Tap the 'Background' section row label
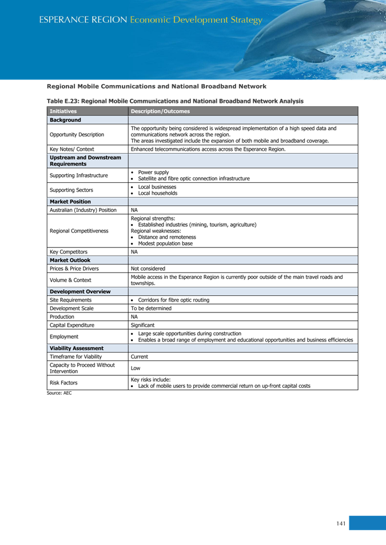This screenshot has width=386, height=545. (x=65, y=120)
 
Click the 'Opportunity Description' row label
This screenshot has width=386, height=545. (x=77, y=135)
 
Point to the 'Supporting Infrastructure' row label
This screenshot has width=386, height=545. (x=78, y=175)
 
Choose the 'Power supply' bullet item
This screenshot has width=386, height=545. (x=153, y=172)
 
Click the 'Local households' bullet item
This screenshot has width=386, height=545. (x=157, y=193)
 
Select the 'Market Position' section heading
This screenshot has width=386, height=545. (x=70, y=202)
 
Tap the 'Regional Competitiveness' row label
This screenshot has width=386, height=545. (x=79, y=231)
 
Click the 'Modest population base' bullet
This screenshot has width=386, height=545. (x=165, y=243)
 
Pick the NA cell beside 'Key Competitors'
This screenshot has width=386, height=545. (x=134, y=252)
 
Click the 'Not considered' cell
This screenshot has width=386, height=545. (x=148, y=269)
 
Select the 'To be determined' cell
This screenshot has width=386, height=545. (x=151, y=308)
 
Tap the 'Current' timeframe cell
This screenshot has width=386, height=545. (x=140, y=356)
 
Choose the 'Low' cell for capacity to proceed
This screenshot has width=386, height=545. (x=136, y=368)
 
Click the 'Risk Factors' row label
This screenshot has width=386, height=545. (x=63, y=383)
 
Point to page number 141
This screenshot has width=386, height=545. (x=341, y=523)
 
